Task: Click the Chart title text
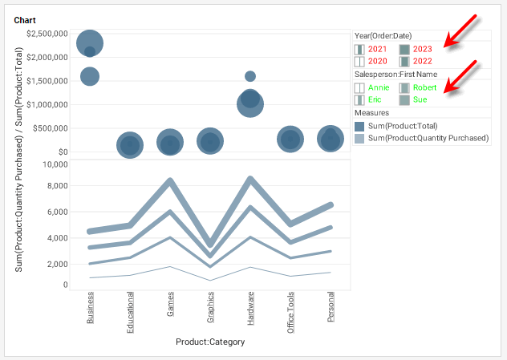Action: [x=25, y=19]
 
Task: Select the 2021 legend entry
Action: [x=379, y=49]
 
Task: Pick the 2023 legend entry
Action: [x=423, y=49]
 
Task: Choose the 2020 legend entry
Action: [x=379, y=61]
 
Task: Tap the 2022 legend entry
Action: [x=423, y=61]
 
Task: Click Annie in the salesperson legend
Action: [x=379, y=87]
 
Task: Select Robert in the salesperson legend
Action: [x=424, y=87]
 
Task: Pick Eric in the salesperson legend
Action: [x=375, y=99]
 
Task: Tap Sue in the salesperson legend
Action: [x=420, y=99]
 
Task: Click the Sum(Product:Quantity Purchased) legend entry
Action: [x=428, y=139]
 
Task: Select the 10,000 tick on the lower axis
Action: [x=55, y=164]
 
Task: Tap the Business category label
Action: [x=90, y=308]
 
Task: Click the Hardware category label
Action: [x=250, y=307]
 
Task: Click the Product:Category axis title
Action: [x=210, y=342]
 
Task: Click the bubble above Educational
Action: [x=130, y=145]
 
